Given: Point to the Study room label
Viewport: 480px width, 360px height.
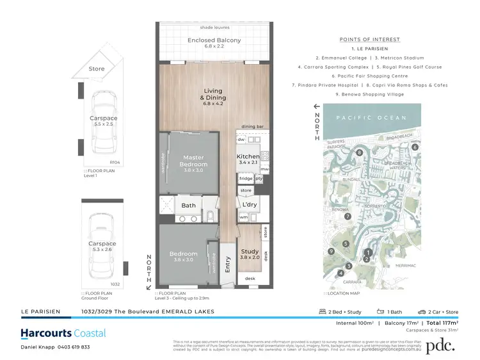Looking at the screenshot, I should point(248,254).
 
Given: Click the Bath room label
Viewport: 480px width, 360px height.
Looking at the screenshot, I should point(188,206).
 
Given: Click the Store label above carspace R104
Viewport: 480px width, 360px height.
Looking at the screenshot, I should point(97,69).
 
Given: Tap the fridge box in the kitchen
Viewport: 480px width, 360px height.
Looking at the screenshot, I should point(246,179).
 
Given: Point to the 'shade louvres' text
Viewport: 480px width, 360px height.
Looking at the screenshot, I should point(214,28).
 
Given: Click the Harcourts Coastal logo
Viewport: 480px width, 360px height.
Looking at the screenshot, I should point(63,334).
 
